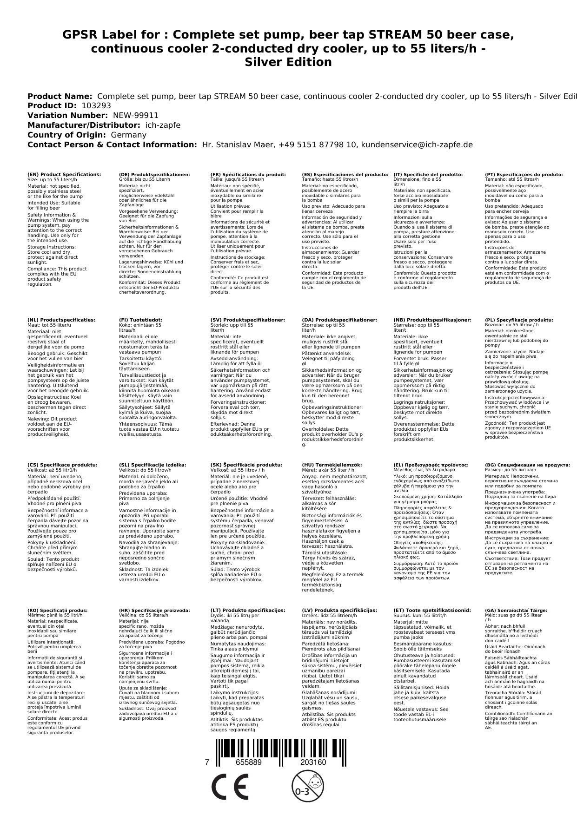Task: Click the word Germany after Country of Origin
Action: pyautogui.click(x=128, y=135)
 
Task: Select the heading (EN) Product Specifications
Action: pyautogui.click(x=64, y=175)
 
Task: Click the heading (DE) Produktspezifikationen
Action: pyautogui.click(x=154, y=175)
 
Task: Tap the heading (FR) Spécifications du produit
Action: pyautogui.click(x=248, y=175)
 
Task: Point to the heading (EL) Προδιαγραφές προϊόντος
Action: pyautogui.click(x=431, y=465)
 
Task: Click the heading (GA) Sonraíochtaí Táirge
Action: pyautogui.click(x=510, y=611)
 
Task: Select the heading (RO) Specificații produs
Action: pyautogui.click(x=57, y=611)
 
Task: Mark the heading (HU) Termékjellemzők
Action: pyautogui.click(x=332, y=465)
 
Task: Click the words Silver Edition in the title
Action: pyautogui.click(x=288, y=62)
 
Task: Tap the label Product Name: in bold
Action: pyautogui.click(x=60, y=97)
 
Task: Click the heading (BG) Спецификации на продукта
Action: pyautogui.click(x=527, y=465)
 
